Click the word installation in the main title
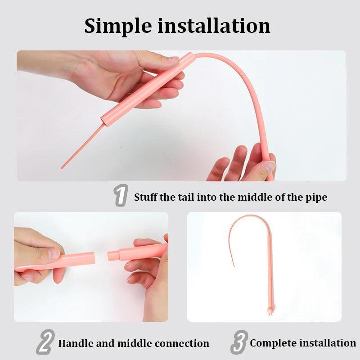(214, 25)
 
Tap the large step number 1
(121, 195)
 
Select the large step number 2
(45, 342)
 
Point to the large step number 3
(239, 342)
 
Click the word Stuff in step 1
(146, 197)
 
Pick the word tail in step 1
(188, 197)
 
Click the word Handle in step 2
(76, 343)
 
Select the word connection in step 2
(182, 343)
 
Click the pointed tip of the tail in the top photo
(62, 168)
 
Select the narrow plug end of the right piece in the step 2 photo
(113, 256)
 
